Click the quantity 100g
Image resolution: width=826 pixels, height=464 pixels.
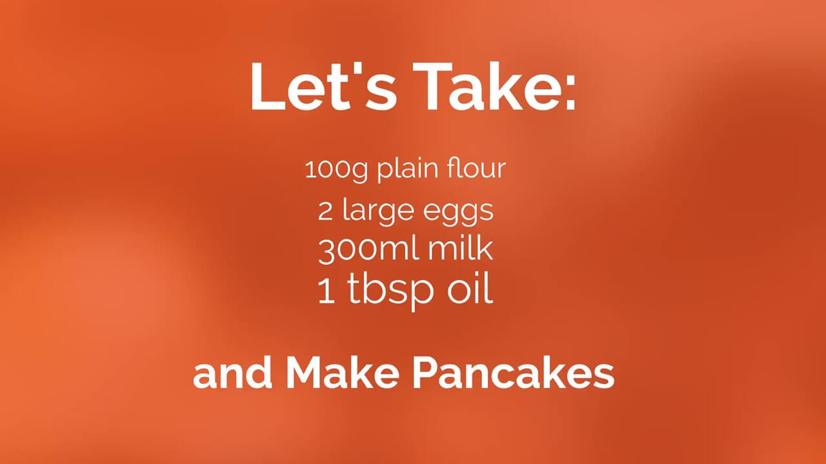pyautogui.click(x=336, y=170)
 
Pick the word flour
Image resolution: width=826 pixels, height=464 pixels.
pyautogui.click(x=476, y=168)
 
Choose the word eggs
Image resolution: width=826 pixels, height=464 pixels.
pyautogui.click(x=458, y=213)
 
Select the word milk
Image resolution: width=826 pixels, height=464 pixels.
pyautogui.click(x=460, y=249)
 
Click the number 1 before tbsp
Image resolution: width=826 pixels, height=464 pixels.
pyautogui.click(x=326, y=291)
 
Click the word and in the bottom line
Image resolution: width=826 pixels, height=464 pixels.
pyautogui.click(x=232, y=373)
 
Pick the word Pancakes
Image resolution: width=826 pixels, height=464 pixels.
pyautogui.click(x=513, y=373)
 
